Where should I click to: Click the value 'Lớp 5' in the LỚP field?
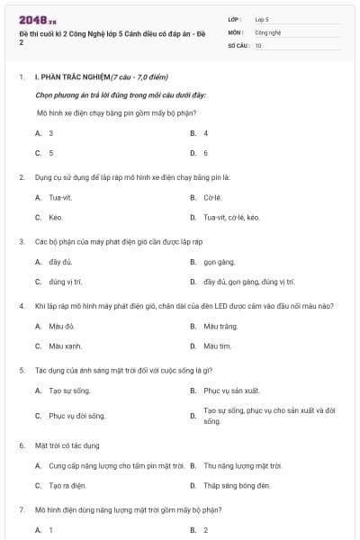262,18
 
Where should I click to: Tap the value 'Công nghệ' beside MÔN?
267,31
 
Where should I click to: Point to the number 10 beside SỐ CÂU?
258,44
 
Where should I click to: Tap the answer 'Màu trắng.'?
220,325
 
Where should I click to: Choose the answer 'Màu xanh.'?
65,346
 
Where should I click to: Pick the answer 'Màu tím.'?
218,346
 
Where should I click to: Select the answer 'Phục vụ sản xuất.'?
231,391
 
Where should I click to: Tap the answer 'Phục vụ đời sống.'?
76,416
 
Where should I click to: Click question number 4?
21,306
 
